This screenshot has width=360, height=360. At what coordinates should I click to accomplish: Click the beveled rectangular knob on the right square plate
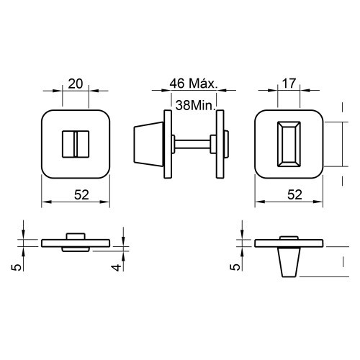(x=289, y=144)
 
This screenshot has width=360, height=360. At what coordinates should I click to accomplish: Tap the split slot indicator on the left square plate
(x=73, y=144)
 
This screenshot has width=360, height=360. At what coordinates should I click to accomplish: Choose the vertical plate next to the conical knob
(x=168, y=144)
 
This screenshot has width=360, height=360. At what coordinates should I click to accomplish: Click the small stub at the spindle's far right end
(x=226, y=144)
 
